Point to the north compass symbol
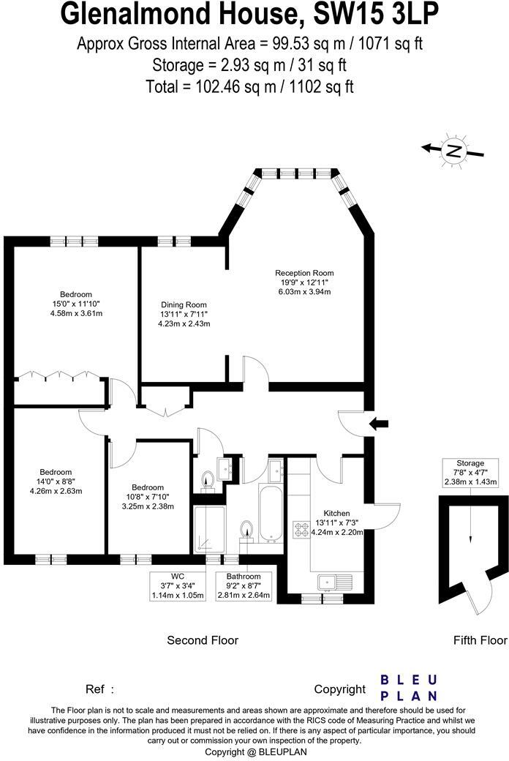point(454,151)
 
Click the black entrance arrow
point(380,423)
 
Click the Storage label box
point(470,473)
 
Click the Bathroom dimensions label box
point(244,586)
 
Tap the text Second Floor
point(203,640)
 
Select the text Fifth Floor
point(480,640)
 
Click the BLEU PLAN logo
point(409,688)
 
